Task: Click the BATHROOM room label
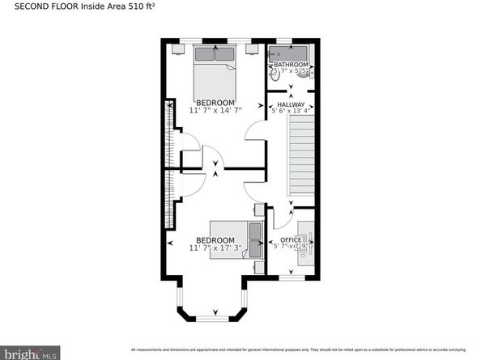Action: [290, 65]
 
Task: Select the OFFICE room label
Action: [291, 240]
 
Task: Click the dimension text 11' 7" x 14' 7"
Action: [215, 111]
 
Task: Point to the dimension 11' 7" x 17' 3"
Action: [215, 249]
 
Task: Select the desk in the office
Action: [305, 241]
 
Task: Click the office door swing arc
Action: [283, 217]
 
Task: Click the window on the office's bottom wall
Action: [291, 277]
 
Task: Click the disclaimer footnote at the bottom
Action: [300, 350]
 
